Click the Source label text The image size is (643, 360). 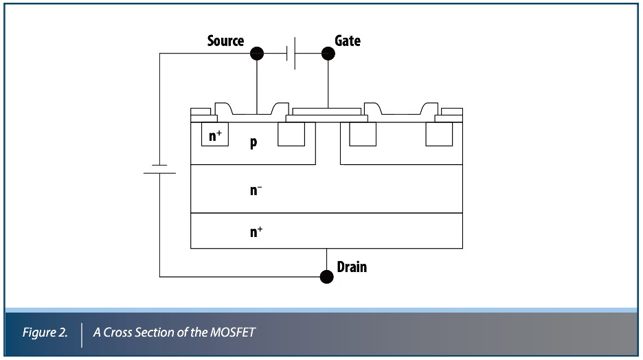pos(225,41)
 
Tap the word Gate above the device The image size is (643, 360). pos(347,41)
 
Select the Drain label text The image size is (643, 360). pos(352,267)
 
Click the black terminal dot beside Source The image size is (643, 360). pos(257,53)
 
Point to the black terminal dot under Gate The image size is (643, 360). pos(328,53)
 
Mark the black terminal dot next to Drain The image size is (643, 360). pos(327,276)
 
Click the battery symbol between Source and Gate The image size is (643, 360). pos(291,53)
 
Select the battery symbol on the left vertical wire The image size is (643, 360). pos(159,169)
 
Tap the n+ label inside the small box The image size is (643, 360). pos(216,136)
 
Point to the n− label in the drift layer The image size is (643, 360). pos(256,190)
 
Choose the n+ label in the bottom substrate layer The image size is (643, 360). pos(256,232)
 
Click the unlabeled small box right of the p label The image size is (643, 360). pos(291,135)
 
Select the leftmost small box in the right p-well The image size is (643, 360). pos(362,135)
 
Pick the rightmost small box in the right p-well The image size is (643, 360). pos(439,135)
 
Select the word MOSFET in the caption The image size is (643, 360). pos(233,333)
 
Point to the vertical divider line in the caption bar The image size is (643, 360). pos(82,333)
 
